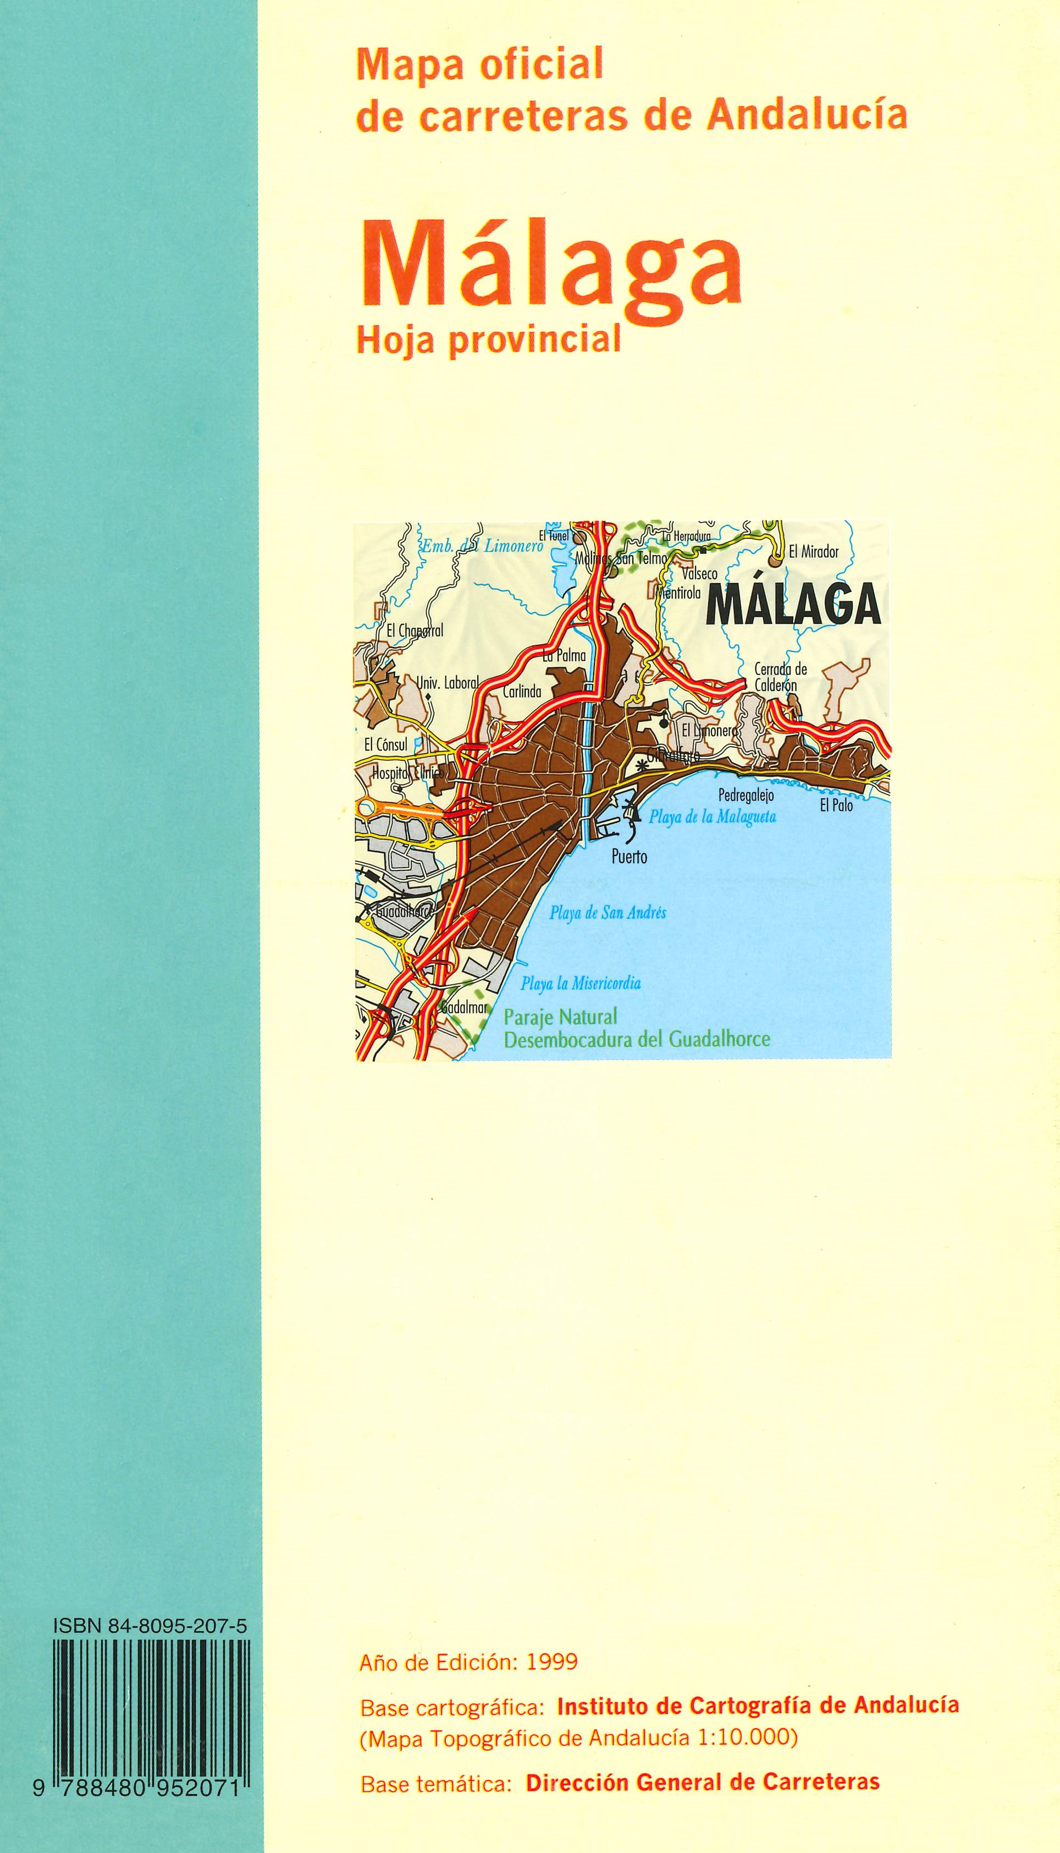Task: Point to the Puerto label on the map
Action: [x=629, y=857]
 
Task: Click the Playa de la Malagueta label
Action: [x=712, y=817]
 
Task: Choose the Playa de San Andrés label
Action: [x=608, y=913]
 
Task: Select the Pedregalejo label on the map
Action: [x=746, y=796]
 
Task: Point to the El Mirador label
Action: [x=814, y=552]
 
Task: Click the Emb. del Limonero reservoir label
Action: [x=483, y=546]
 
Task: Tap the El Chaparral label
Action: [x=415, y=632]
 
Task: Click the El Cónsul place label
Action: [x=386, y=744]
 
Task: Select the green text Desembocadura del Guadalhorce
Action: [x=636, y=1039]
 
